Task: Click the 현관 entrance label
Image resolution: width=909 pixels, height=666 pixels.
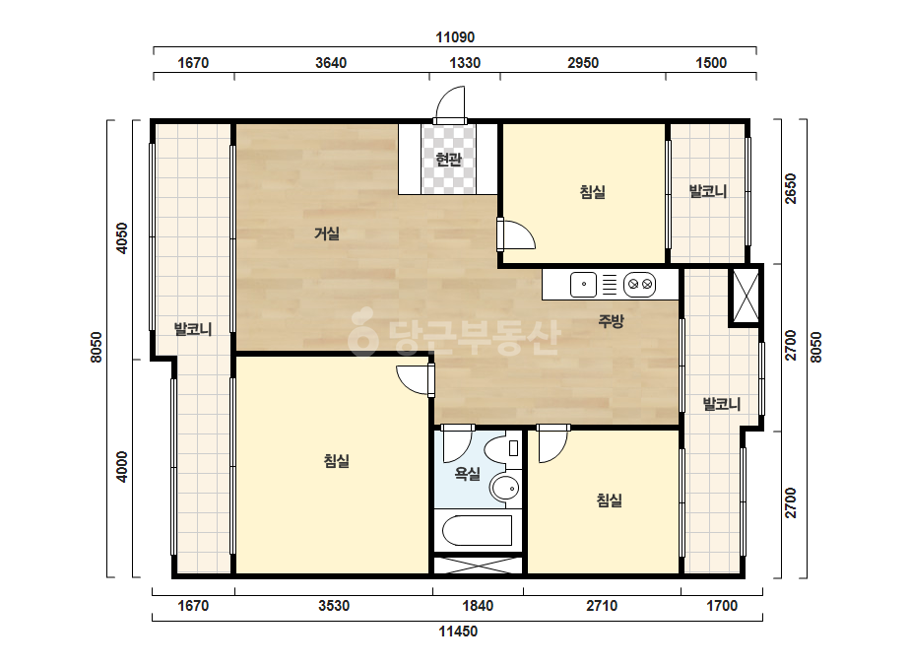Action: tap(448, 159)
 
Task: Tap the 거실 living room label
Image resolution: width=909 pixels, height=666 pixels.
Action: tap(326, 233)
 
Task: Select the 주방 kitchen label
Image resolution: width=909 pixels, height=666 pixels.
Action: tap(611, 321)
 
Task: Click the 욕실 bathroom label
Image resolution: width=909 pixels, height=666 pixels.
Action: tap(467, 474)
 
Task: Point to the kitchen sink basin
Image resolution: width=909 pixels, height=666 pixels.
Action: tap(584, 285)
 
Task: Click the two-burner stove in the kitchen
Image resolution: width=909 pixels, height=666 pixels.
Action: tap(640, 285)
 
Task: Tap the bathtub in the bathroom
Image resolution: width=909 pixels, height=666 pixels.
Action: tap(477, 530)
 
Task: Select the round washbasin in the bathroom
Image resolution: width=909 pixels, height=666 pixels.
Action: tap(505, 488)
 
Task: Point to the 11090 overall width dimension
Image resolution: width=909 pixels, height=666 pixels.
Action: tap(455, 37)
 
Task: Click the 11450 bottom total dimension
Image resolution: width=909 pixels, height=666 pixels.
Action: tap(458, 632)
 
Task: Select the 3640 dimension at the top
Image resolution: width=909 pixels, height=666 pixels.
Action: tap(331, 63)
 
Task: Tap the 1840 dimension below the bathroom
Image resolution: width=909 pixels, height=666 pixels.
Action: tap(478, 606)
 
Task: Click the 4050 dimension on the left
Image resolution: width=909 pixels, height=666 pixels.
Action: tap(122, 237)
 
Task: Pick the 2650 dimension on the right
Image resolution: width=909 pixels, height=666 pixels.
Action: tap(791, 188)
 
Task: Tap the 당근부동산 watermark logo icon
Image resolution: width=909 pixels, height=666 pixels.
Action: tap(362, 331)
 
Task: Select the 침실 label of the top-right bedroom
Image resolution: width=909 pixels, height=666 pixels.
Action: tap(593, 191)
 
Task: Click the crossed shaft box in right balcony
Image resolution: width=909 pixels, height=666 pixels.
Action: tap(746, 296)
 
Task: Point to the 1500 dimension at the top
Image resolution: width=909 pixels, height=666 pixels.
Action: tap(711, 63)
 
